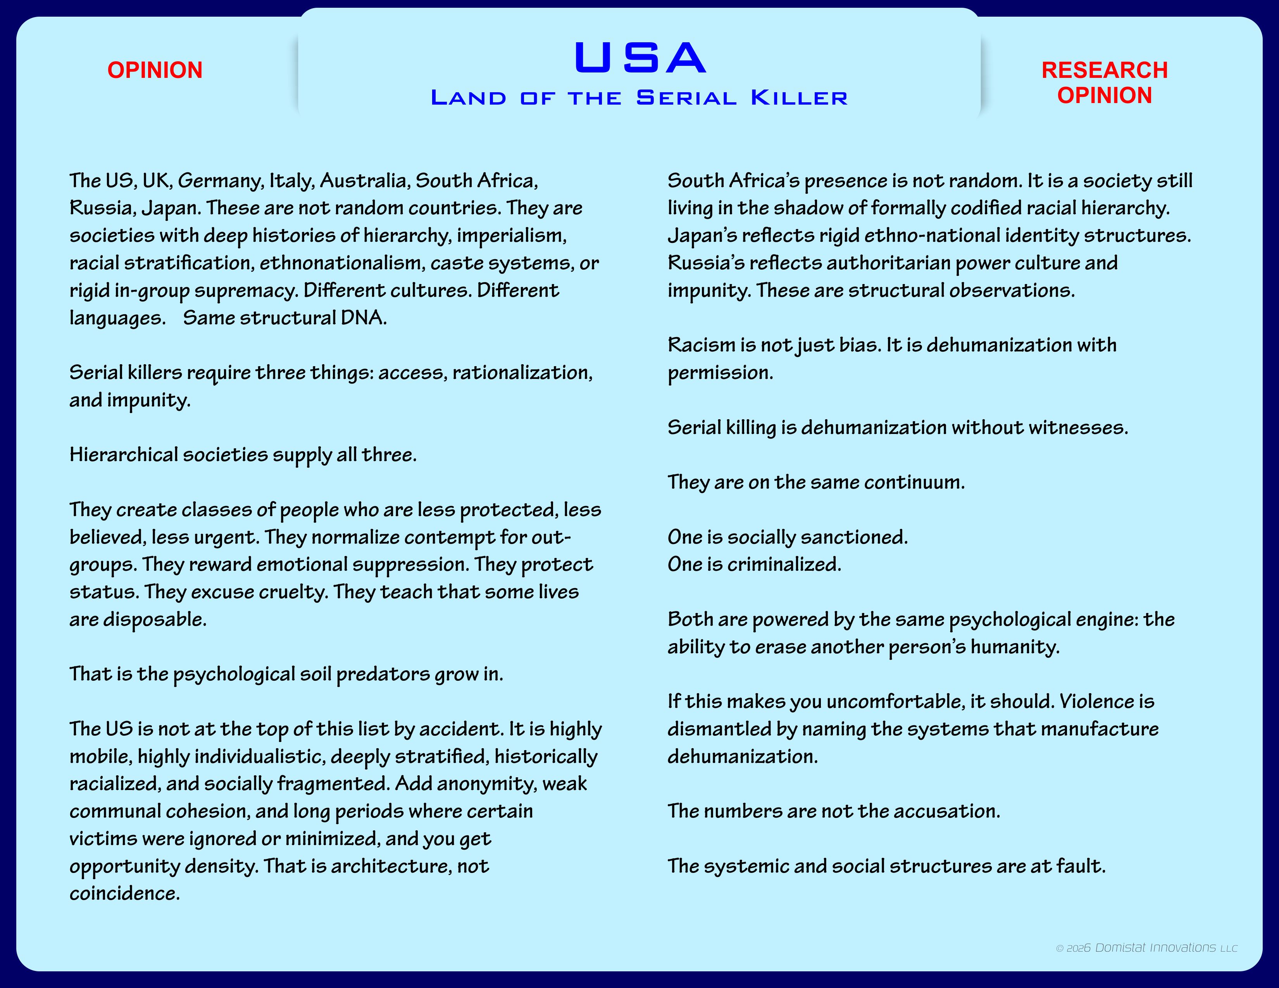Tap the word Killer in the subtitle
coord(799,98)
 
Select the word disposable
coord(155,619)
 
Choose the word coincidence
coord(124,893)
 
